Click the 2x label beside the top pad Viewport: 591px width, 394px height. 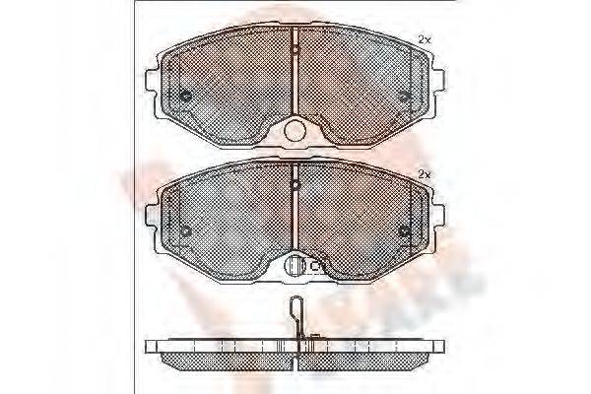tap(425, 38)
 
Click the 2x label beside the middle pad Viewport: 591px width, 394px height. tap(425, 174)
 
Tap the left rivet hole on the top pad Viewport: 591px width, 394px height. tap(186, 96)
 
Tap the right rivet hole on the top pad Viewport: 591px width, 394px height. tap(404, 96)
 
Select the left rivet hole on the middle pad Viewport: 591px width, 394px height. tap(186, 231)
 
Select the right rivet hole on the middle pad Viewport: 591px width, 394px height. tap(404, 231)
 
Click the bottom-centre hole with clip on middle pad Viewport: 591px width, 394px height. tap(295, 265)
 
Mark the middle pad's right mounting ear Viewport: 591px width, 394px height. tap(438, 213)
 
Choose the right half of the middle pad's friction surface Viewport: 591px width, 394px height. tap(360, 219)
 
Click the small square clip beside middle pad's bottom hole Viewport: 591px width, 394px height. tap(317, 265)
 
